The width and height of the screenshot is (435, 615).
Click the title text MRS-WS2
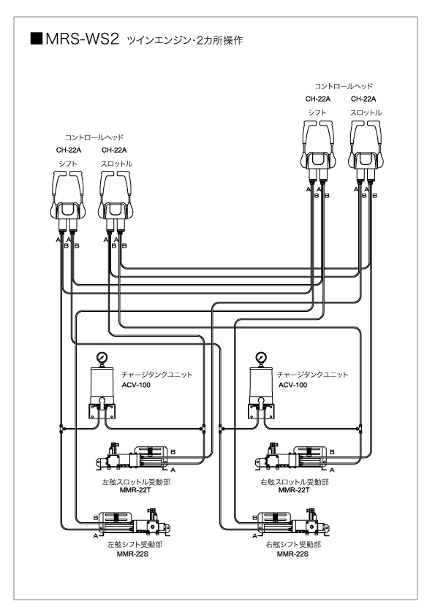tap(82, 39)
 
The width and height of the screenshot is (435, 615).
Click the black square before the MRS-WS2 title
tap(36, 39)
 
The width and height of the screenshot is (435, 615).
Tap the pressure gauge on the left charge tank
tap(102, 357)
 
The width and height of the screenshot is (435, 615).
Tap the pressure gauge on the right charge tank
tap(261, 357)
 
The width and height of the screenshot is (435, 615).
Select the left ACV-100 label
tap(136, 385)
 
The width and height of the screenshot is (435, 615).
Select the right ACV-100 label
tap(293, 385)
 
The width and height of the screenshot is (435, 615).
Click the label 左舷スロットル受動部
tap(136, 482)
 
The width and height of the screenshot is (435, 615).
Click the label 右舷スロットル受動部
tap(295, 482)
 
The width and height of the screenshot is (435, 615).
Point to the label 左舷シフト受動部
tap(135, 544)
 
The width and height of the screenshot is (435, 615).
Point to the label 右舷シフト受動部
tap(293, 544)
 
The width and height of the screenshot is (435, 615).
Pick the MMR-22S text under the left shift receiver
tap(133, 554)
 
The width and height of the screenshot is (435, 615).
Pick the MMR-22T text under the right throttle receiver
tap(294, 490)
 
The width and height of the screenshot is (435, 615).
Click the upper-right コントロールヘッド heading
tap(344, 86)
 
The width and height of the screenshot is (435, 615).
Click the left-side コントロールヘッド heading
tap(94, 137)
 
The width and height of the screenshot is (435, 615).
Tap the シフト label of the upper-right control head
tap(317, 112)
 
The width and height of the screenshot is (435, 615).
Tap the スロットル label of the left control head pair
tap(116, 164)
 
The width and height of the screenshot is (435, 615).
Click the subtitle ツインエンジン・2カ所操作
tap(185, 40)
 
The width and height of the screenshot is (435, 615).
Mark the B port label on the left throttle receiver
tap(173, 452)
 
